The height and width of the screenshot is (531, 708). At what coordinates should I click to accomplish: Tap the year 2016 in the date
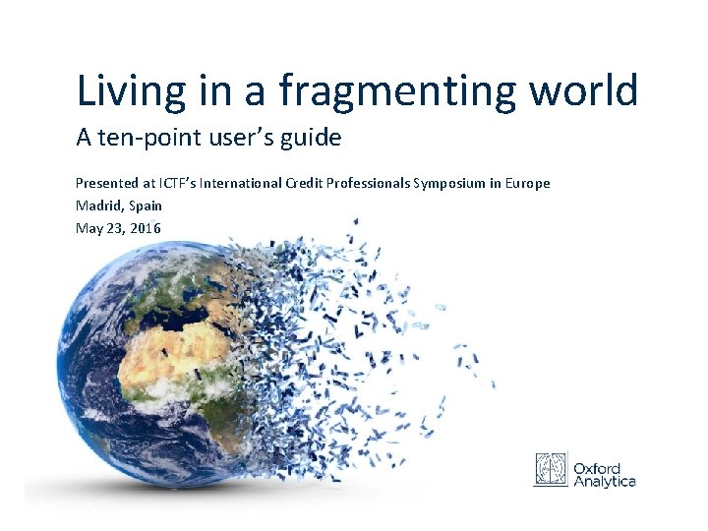[145, 228]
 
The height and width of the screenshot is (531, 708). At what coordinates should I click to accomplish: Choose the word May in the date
[88, 228]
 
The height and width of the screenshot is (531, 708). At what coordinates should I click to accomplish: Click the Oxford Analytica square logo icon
[552, 469]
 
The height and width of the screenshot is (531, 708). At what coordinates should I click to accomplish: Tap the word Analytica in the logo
[605, 480]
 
